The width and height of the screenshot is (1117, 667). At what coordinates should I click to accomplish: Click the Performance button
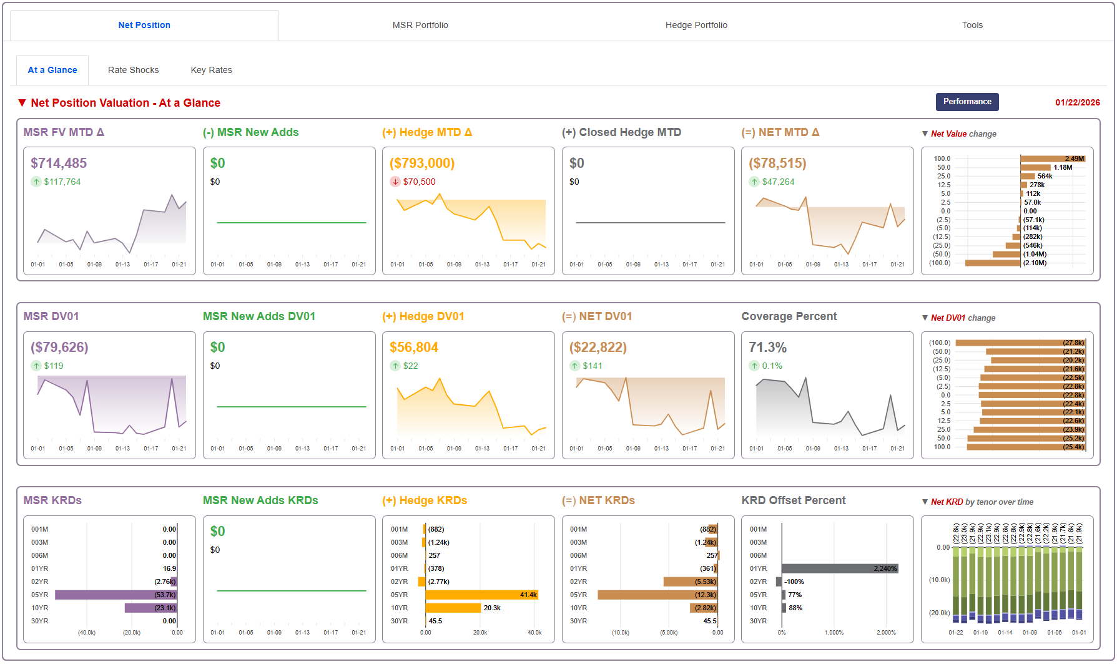[967, 102]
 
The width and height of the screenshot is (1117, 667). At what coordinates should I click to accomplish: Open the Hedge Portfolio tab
[696, 25]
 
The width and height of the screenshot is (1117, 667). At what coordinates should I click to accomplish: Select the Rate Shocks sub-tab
[133, 70]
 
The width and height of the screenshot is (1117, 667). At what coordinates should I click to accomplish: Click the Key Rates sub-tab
[211, 70]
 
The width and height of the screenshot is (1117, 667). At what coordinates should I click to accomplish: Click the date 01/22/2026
[1077, 102]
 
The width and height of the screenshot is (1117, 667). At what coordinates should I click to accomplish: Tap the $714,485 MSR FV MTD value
[59, 163]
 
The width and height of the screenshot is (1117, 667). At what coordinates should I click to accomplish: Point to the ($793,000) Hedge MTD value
[421, 163]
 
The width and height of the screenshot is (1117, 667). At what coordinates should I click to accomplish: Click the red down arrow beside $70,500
[395, 182]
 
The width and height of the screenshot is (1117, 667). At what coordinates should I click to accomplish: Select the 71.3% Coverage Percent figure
[767, 347]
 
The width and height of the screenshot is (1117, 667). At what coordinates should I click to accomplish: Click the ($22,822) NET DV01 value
[598, 347]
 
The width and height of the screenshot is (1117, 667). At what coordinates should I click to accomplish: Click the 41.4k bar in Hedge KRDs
[481, 595]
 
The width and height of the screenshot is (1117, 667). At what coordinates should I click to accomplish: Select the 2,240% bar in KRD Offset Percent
[839, 568]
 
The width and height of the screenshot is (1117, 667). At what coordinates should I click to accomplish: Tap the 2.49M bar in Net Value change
[1052, 158]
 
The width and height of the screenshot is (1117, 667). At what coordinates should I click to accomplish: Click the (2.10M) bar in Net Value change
[993, 263]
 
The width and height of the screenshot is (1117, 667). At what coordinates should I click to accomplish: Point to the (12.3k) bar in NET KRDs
[656, 595]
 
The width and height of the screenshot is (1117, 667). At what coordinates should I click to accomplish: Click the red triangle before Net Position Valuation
[22, 103]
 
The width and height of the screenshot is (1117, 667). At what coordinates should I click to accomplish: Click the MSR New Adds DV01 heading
[258, 316]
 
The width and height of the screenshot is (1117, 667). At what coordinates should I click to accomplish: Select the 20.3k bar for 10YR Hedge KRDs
[453, 608]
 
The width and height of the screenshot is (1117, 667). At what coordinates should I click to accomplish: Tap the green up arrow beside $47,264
[754, 182]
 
